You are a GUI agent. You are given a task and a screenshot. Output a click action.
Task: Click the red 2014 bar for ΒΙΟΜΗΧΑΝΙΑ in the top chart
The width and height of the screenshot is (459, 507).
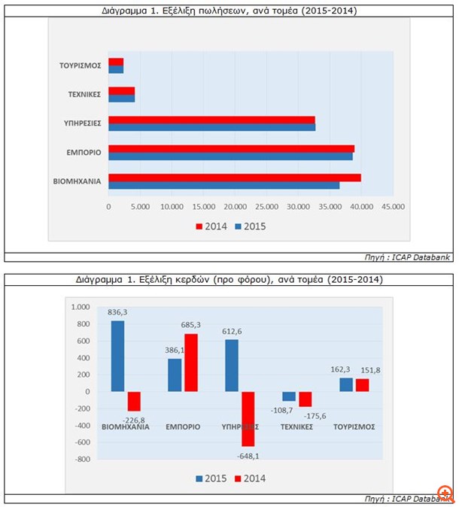tap(235, 178)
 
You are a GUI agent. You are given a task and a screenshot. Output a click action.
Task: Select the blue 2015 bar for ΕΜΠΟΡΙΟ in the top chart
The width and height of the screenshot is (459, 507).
tap(230, 156)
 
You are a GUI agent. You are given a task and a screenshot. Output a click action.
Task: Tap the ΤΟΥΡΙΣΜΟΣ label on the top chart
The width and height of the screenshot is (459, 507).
tap(81, 65)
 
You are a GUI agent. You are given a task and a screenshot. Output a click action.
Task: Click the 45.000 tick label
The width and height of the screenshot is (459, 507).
tap(393, 206)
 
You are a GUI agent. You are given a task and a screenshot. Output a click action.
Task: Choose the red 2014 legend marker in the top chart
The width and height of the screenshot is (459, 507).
tap(199, 226)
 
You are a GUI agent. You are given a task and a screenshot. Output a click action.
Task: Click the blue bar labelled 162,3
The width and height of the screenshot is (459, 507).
tap(345, 384)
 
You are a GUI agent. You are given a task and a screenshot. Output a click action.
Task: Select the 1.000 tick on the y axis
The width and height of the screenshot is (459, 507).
tap(79, 306)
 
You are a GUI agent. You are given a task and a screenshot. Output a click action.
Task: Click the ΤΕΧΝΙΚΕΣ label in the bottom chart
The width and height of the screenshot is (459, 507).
tap(297, 427)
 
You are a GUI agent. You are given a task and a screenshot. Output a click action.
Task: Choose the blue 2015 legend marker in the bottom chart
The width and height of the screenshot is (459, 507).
tap(200, 478)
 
